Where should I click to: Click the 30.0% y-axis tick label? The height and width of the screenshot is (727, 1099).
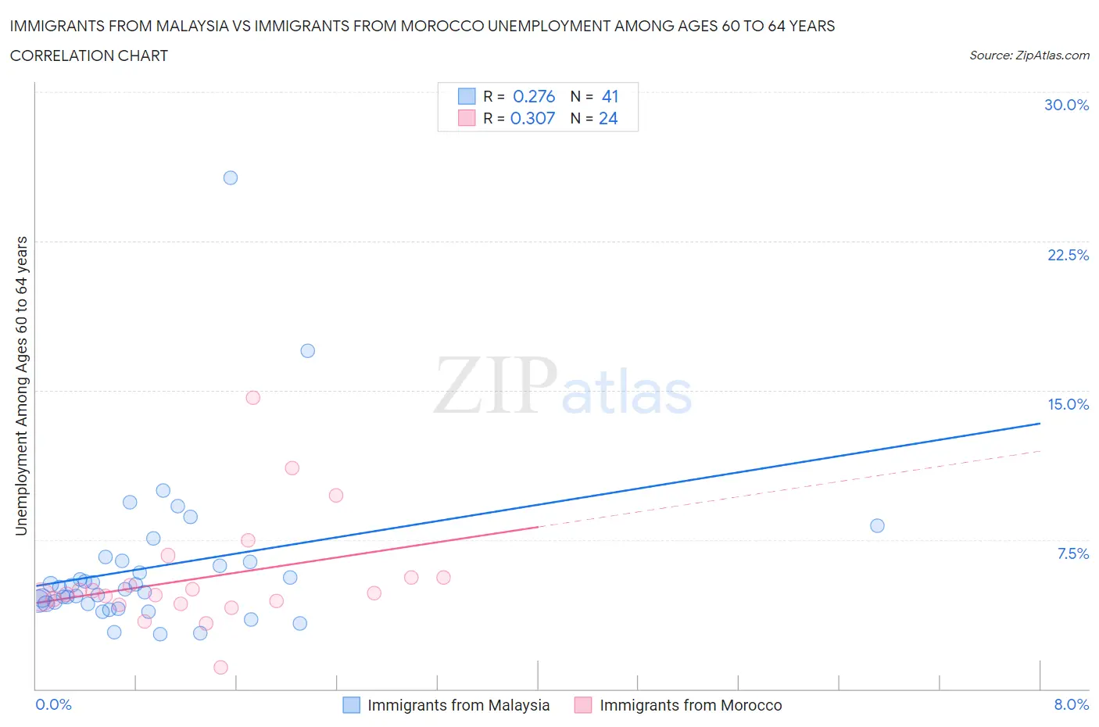(x=1066, y=105)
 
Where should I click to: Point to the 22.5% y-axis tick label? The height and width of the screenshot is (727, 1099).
(x=1068, y=255)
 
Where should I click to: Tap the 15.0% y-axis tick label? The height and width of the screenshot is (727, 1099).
(x=1068, y=404)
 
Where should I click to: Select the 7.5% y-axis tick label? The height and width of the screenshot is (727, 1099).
(x=1072, y=553)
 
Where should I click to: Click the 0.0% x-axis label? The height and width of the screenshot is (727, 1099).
(x=53, y=704)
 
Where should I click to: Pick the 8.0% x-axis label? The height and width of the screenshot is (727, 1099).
(x=1071, y=704)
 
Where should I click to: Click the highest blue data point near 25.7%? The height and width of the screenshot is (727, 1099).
(x=231, y=177)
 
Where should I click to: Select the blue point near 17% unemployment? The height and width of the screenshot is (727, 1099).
(x=308, y=351)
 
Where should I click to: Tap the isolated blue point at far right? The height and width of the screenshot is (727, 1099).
(x=877, y=525)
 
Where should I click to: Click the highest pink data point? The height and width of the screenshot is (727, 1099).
(x=252, y=397)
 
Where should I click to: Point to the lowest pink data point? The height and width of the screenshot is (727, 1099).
(x=220, y=667)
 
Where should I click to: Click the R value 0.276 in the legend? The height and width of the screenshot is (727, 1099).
(x=534, y=96)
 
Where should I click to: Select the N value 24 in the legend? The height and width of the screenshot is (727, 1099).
(x=608, y=118)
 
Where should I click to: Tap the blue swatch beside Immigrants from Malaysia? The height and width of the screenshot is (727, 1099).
(x=352, y=705)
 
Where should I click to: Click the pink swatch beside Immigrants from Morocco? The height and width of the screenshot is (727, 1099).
(x=583, y=705)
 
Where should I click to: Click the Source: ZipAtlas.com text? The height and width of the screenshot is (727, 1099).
(x=1029, y=56)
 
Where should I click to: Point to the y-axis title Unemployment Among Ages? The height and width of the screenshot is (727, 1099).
(x=22, y=385)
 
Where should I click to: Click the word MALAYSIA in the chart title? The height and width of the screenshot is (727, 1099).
(x=192, y=26)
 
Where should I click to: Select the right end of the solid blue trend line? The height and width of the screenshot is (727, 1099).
(x=1040, y=423)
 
